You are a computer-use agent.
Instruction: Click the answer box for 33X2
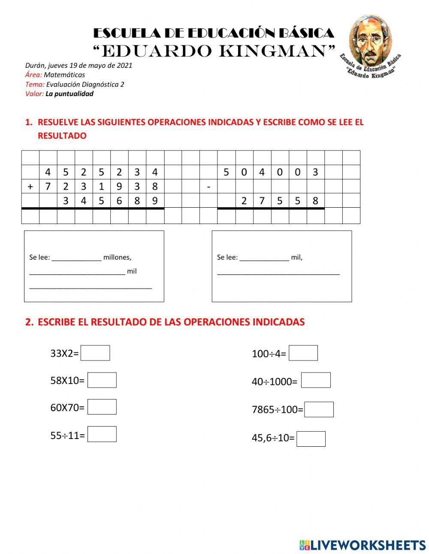coord(95,353)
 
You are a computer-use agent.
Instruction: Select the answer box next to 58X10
coord(102,380)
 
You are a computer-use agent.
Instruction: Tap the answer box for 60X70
coord(102,407)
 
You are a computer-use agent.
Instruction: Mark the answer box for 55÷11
coord(102,434)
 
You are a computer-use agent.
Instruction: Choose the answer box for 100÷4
coord(303,353)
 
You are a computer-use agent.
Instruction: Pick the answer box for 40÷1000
coord(316,380)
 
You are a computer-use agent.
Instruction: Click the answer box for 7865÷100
coord(319,409)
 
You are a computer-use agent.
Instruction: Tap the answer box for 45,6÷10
coord(311,439)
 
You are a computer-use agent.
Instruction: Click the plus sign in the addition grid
coord(30,187)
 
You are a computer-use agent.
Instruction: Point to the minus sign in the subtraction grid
coord(208,187)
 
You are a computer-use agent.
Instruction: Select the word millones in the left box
coord(117,257)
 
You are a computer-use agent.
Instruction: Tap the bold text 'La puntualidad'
coord(69,94)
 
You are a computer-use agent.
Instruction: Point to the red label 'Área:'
coord(33,75)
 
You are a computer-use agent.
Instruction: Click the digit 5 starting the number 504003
coord(226,173)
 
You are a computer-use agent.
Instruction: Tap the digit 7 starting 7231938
coord(48,187)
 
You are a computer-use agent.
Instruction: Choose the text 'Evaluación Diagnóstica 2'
coord(85,85)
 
